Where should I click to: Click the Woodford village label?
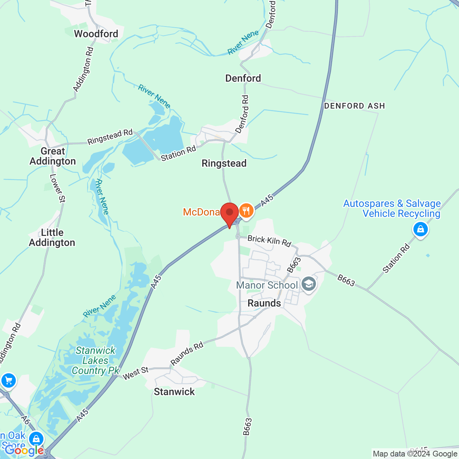click(x=96, y=34)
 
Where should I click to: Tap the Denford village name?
click(x=243, y=78)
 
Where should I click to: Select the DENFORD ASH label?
click(x=354, y=106)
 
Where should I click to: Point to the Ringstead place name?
click(x=224, y=164)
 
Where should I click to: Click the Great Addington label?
click(x=53, y=156)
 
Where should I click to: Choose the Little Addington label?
click(x=52, y=238)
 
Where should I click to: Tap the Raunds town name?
click(x=264, y=303)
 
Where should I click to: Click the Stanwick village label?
click(x=174, y=392)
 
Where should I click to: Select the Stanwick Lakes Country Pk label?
click(x=95, y=360)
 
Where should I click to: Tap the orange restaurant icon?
click(x=246, y=210)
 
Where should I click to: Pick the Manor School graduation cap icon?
click(x=308, y=284)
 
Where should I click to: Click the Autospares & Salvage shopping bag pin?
click(x=420, y=229)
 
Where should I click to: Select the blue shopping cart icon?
click(x=8, y=381)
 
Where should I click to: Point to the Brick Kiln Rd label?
click(x=269, y=241)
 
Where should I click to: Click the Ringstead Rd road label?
click(x=110, y=137)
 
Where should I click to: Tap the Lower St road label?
click(x=57, y=188)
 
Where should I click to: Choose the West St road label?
click(x=136, y=373)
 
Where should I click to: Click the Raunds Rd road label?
click(x=187, y=354)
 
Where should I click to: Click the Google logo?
click(x=24, y=450)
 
